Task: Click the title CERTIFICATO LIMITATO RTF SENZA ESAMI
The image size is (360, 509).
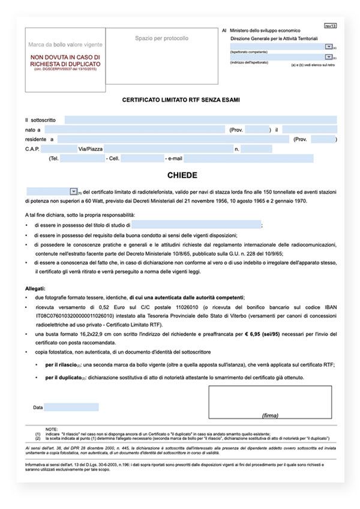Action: point(181,100)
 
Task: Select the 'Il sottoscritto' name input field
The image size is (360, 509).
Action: point(200,120)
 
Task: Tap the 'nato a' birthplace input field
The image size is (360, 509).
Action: point(135,130)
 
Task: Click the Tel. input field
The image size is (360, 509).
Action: point(82,158)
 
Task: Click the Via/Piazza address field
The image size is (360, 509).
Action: point(168,149)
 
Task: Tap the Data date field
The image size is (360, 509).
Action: point(71,407)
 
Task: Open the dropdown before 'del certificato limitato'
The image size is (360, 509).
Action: point(73,191)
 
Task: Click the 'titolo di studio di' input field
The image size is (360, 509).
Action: point(196,224)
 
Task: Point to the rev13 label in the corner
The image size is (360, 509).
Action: point(330,26)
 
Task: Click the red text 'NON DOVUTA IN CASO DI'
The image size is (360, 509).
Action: point(65,58)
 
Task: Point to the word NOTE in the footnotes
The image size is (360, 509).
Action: point(52,427)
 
